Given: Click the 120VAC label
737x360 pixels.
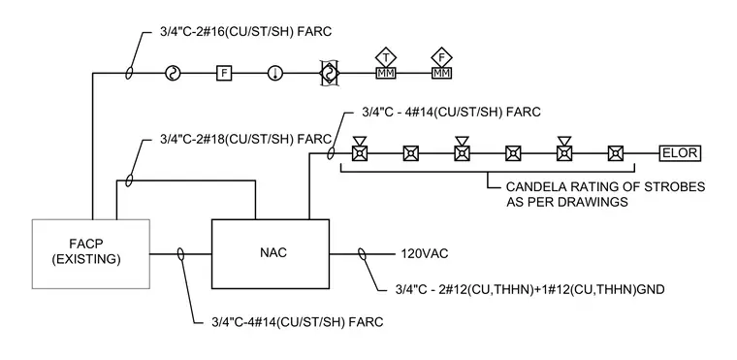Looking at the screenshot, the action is point(425,254).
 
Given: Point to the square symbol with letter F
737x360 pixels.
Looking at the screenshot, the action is point(224,73).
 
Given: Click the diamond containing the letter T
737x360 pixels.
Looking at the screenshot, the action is point(386,57).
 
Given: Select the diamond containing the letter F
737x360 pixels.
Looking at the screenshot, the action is point(441,57).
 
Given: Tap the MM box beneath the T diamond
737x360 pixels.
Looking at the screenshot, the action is point(386,73).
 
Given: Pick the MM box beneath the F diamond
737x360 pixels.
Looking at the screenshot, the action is point(441,73).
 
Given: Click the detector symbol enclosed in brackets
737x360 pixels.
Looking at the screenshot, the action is point(330,73).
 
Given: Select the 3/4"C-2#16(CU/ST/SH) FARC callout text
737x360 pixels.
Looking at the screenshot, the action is point(245,32).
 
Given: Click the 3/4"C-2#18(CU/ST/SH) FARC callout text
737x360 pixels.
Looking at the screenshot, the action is point(245,140).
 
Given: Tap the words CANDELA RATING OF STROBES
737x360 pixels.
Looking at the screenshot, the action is point(605,187).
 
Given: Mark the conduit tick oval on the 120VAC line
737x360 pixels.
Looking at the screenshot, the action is point(362,254).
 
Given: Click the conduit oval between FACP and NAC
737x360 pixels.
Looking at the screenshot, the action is point(180,254).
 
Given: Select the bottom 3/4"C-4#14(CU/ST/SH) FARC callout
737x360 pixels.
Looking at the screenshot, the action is point(297,322).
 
